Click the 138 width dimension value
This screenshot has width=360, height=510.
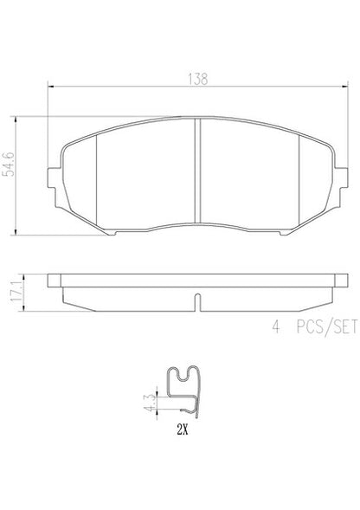coord(197,79)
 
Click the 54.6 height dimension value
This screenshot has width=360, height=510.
coord(10,164)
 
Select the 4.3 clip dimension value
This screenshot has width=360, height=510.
coord(149,403)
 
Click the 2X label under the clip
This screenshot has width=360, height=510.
coord(183,430)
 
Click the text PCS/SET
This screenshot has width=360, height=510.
coord(326,326)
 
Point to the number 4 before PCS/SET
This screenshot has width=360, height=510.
coord(276,327)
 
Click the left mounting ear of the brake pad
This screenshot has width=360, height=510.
coord(54,178)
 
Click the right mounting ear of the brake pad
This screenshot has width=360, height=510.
coord(342,178)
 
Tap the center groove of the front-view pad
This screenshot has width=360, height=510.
coord(197,171)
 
